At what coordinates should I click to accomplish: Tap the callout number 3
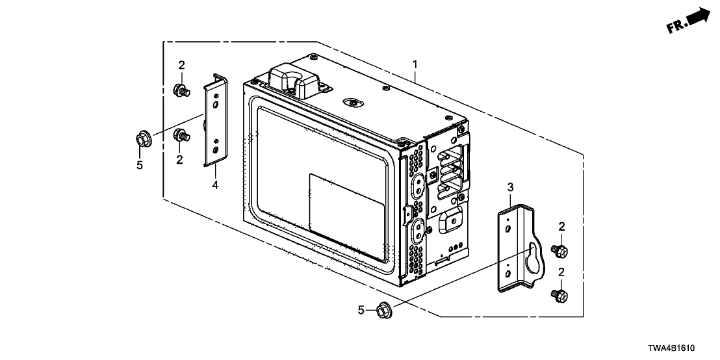click(510, 188)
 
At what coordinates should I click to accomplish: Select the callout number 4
click(215, 185)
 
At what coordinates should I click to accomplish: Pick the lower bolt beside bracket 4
click(181, 136)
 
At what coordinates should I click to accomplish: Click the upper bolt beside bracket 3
click(558, 250)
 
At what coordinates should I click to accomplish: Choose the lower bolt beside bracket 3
click(559, 296)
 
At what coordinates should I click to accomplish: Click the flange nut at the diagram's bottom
click(383, 311)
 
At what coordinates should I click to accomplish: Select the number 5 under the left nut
click(140, 165)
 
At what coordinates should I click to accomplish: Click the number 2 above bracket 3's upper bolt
click(561, 226)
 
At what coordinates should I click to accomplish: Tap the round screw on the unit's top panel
click(352, 101)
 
